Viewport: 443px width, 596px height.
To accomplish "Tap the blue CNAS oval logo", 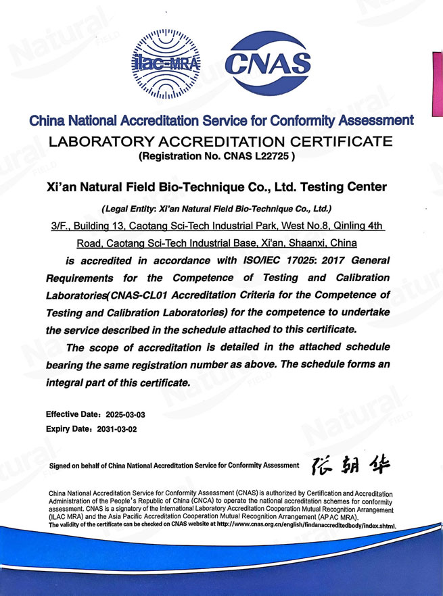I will (x=267, y=65).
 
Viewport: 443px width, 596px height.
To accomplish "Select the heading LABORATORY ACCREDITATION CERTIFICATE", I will (x=220, y=142).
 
